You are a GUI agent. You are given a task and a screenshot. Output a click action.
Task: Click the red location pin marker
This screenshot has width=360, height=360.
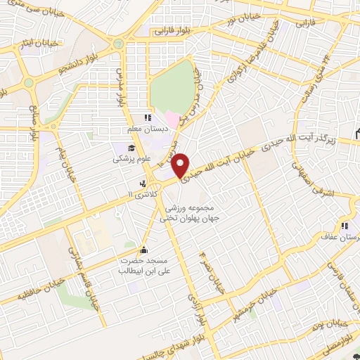(x=181, y=165)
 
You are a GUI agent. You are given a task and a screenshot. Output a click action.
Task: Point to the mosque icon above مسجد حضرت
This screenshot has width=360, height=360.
(x=145, y=250)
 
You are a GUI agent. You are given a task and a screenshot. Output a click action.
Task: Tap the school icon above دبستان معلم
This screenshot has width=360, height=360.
(x=148, y=117)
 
